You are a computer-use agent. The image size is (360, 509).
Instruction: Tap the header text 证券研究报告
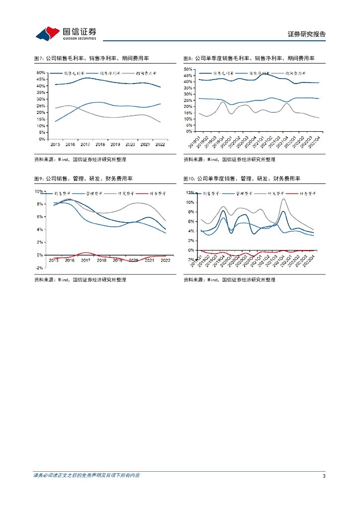click(x=306, y=34)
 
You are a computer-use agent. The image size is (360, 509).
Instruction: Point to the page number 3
click(x=324, y=476)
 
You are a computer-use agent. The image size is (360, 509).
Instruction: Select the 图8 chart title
click(x=249, y=59)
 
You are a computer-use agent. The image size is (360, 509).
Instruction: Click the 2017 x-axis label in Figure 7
click(x=85, y=144)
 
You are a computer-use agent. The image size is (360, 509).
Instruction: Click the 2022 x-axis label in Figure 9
click(x=165, y=260)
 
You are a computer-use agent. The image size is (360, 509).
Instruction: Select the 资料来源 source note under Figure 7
click(x=80, y=160)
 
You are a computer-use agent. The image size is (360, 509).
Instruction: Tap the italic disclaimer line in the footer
click(x=87, y=476)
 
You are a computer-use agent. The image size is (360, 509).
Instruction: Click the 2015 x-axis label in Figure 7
click(x=55, y=144)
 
